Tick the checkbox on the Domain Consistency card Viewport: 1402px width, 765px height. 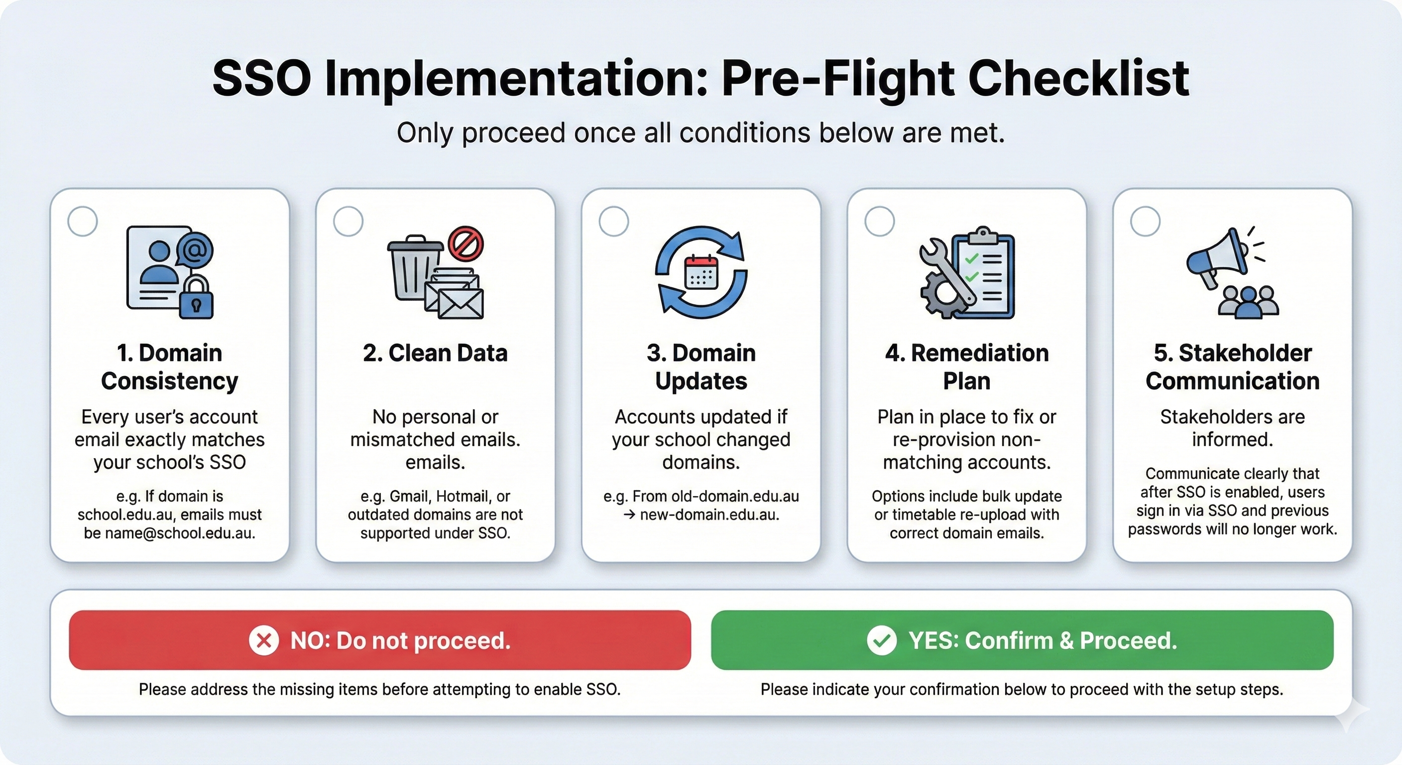[x=83, y=221]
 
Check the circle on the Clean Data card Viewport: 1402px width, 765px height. [x=349, y=221]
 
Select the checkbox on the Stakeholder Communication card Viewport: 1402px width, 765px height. [x=1145, y=221]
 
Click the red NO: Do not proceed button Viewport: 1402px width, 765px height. [x=380, y=640]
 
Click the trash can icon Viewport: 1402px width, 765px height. [x=415, y=268]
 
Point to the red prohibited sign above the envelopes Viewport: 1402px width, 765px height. [x=466, y=244]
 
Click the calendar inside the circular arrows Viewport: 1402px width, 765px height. [x=701, y=272]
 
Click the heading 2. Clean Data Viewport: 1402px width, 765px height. [x=436, y=353]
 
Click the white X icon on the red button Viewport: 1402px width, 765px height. [x=264, y=640]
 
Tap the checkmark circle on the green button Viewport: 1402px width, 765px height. [x=882, y=640]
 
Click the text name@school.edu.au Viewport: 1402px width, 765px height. [x=180, y=533]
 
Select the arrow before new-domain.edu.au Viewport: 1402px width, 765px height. [x=629, y=514]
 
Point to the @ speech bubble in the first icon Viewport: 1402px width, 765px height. [x=195, y=250]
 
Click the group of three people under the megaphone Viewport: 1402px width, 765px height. [x=1249, y=302]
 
